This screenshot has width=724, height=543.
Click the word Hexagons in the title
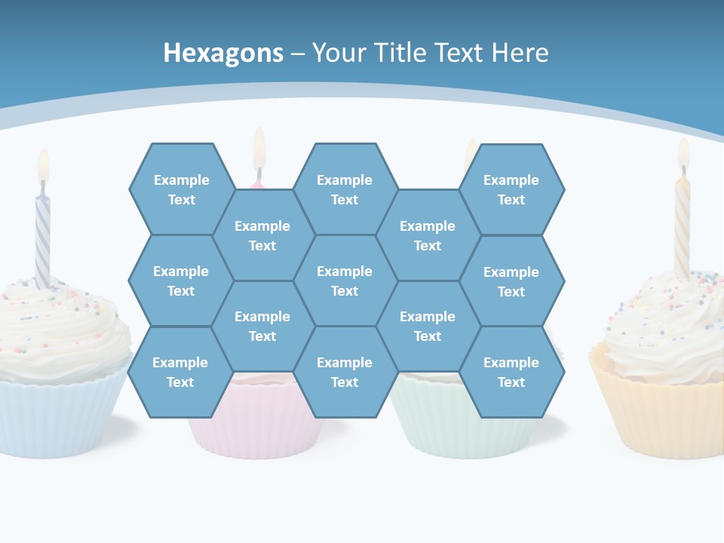click(223, 53)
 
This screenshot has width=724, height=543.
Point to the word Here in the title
click(520, 53)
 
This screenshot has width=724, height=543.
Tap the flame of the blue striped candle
click(43, 164)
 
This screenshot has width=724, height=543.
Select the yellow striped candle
click(682, 226)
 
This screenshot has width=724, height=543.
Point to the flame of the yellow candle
click(683, 152)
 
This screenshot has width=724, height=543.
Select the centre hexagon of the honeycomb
click(345, 281)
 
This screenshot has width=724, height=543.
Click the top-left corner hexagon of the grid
click(181, 189)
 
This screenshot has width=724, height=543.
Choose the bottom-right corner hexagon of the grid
click(511, 372)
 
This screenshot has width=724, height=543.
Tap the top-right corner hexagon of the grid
click(511, 189)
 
